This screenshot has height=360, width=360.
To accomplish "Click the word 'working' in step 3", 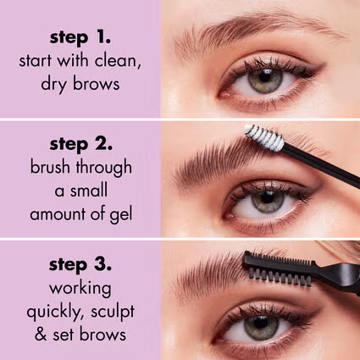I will (80, 285).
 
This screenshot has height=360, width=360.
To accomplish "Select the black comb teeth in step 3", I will (280, 268).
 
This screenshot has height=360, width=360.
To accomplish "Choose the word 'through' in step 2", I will (101, 167).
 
